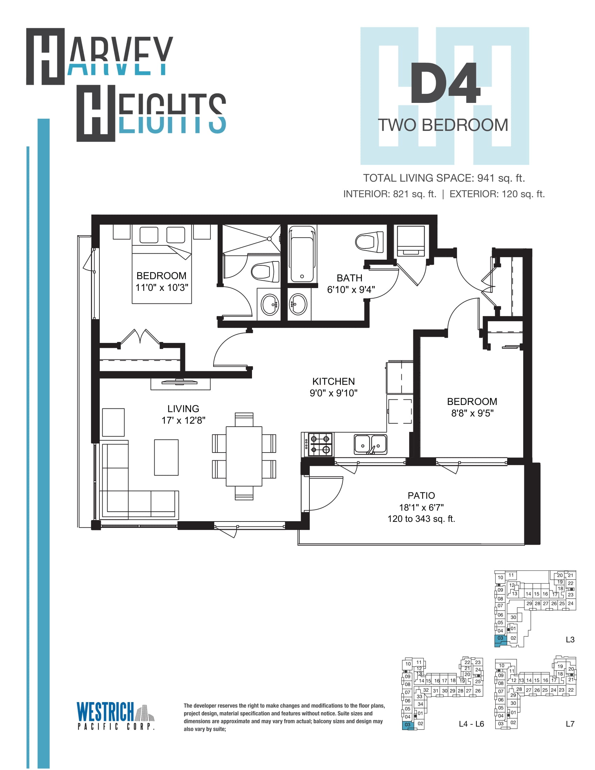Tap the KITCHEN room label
click(334, 381)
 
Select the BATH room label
click(349, 278)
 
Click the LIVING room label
click(183, 408)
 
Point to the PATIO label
click(421, 495)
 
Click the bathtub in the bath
click(302, 254)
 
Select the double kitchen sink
click(370, 444)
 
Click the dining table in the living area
click(244, 456)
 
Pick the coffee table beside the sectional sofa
click(166, 457)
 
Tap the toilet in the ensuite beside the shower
click(265, 272)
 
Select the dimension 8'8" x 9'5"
click(472, 413)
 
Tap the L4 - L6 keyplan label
click(471, 724)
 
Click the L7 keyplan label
click(570, 724)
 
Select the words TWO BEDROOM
click(443, 125)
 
